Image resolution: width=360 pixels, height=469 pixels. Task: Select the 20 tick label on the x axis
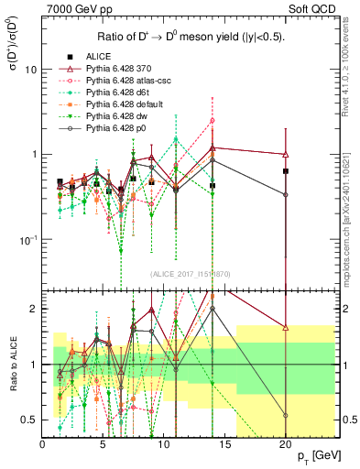point(285,444)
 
